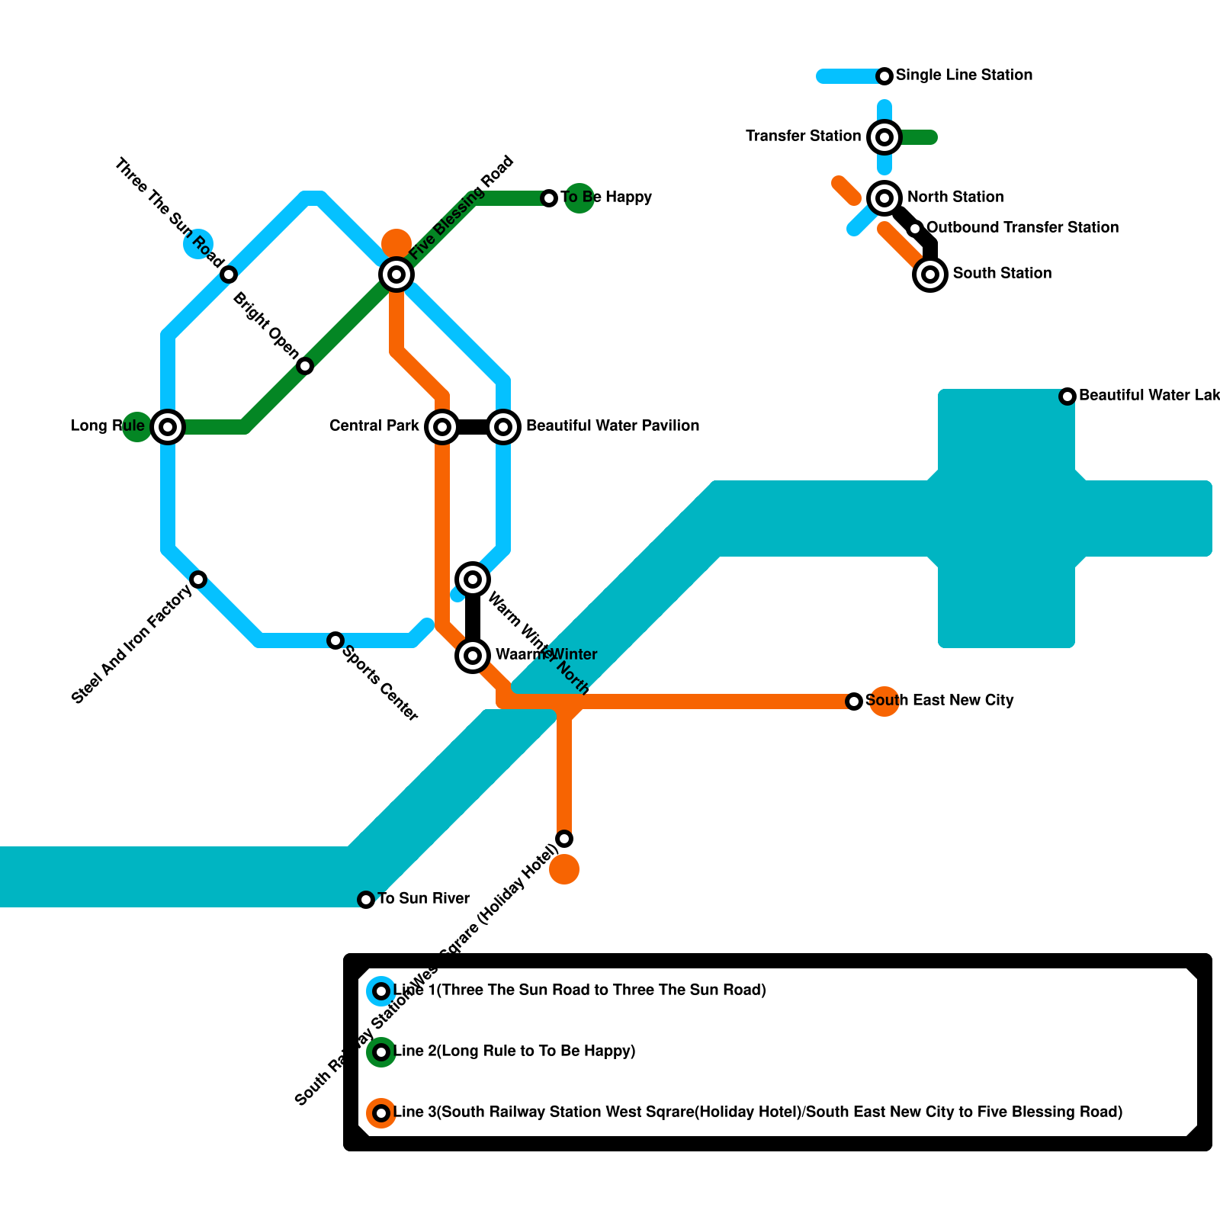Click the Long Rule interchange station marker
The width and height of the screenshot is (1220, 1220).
click(x=168, y=426)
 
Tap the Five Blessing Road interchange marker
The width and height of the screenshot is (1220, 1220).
click(x=396, y=274)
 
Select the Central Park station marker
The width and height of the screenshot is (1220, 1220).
click(x=442, y=426)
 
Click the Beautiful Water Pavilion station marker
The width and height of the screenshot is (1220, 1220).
click(x=503, y=426)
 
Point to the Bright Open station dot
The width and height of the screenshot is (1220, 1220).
click(x=305, y=366)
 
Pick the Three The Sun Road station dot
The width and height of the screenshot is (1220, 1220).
click(x=229, y=274)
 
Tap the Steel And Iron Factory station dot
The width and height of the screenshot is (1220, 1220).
click(x=198, y=579)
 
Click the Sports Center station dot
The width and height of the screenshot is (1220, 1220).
click(x=335, y=640)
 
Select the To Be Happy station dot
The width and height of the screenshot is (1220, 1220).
click(x=549, y=198)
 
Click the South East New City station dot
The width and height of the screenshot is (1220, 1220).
click(x=854, y=701)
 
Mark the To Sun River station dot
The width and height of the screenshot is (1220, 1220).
click(x=366, y=900)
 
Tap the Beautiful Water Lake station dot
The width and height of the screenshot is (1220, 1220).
click(x=1067, y=396)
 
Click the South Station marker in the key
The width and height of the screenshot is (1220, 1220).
click(x=930, y=274)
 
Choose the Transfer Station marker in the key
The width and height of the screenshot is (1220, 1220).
click(x=884, y=137)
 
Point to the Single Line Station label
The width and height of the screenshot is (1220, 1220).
click(x=964, y=75)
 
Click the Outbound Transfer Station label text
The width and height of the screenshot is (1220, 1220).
click(x=1022, y=227)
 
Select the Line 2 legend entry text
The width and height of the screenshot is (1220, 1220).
click(x=514, y=1051)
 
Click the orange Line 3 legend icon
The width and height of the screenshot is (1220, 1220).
click(x=381, y=1113)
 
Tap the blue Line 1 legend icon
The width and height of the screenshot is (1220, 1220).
click(x=381, y=991)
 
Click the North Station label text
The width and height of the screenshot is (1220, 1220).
click(x=955, y=197)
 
